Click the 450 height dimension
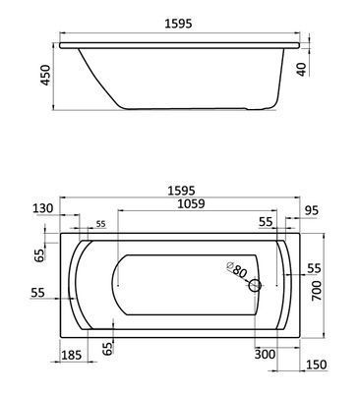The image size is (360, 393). [x=46, y=76]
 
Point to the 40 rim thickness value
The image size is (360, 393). [x=302, y=69]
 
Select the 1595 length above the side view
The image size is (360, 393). [x=178, y=24]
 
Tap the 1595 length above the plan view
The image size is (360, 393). [x=181, y=191]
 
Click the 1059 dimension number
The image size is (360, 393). [x=191, y=203]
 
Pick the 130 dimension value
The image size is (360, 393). [x=43, y=208]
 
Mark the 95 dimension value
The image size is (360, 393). [x=311, y=210]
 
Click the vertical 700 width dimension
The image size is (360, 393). [x=317, y=291]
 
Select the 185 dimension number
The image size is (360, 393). [x=71, y=355]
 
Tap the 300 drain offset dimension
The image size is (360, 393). [x=266, y=354]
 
